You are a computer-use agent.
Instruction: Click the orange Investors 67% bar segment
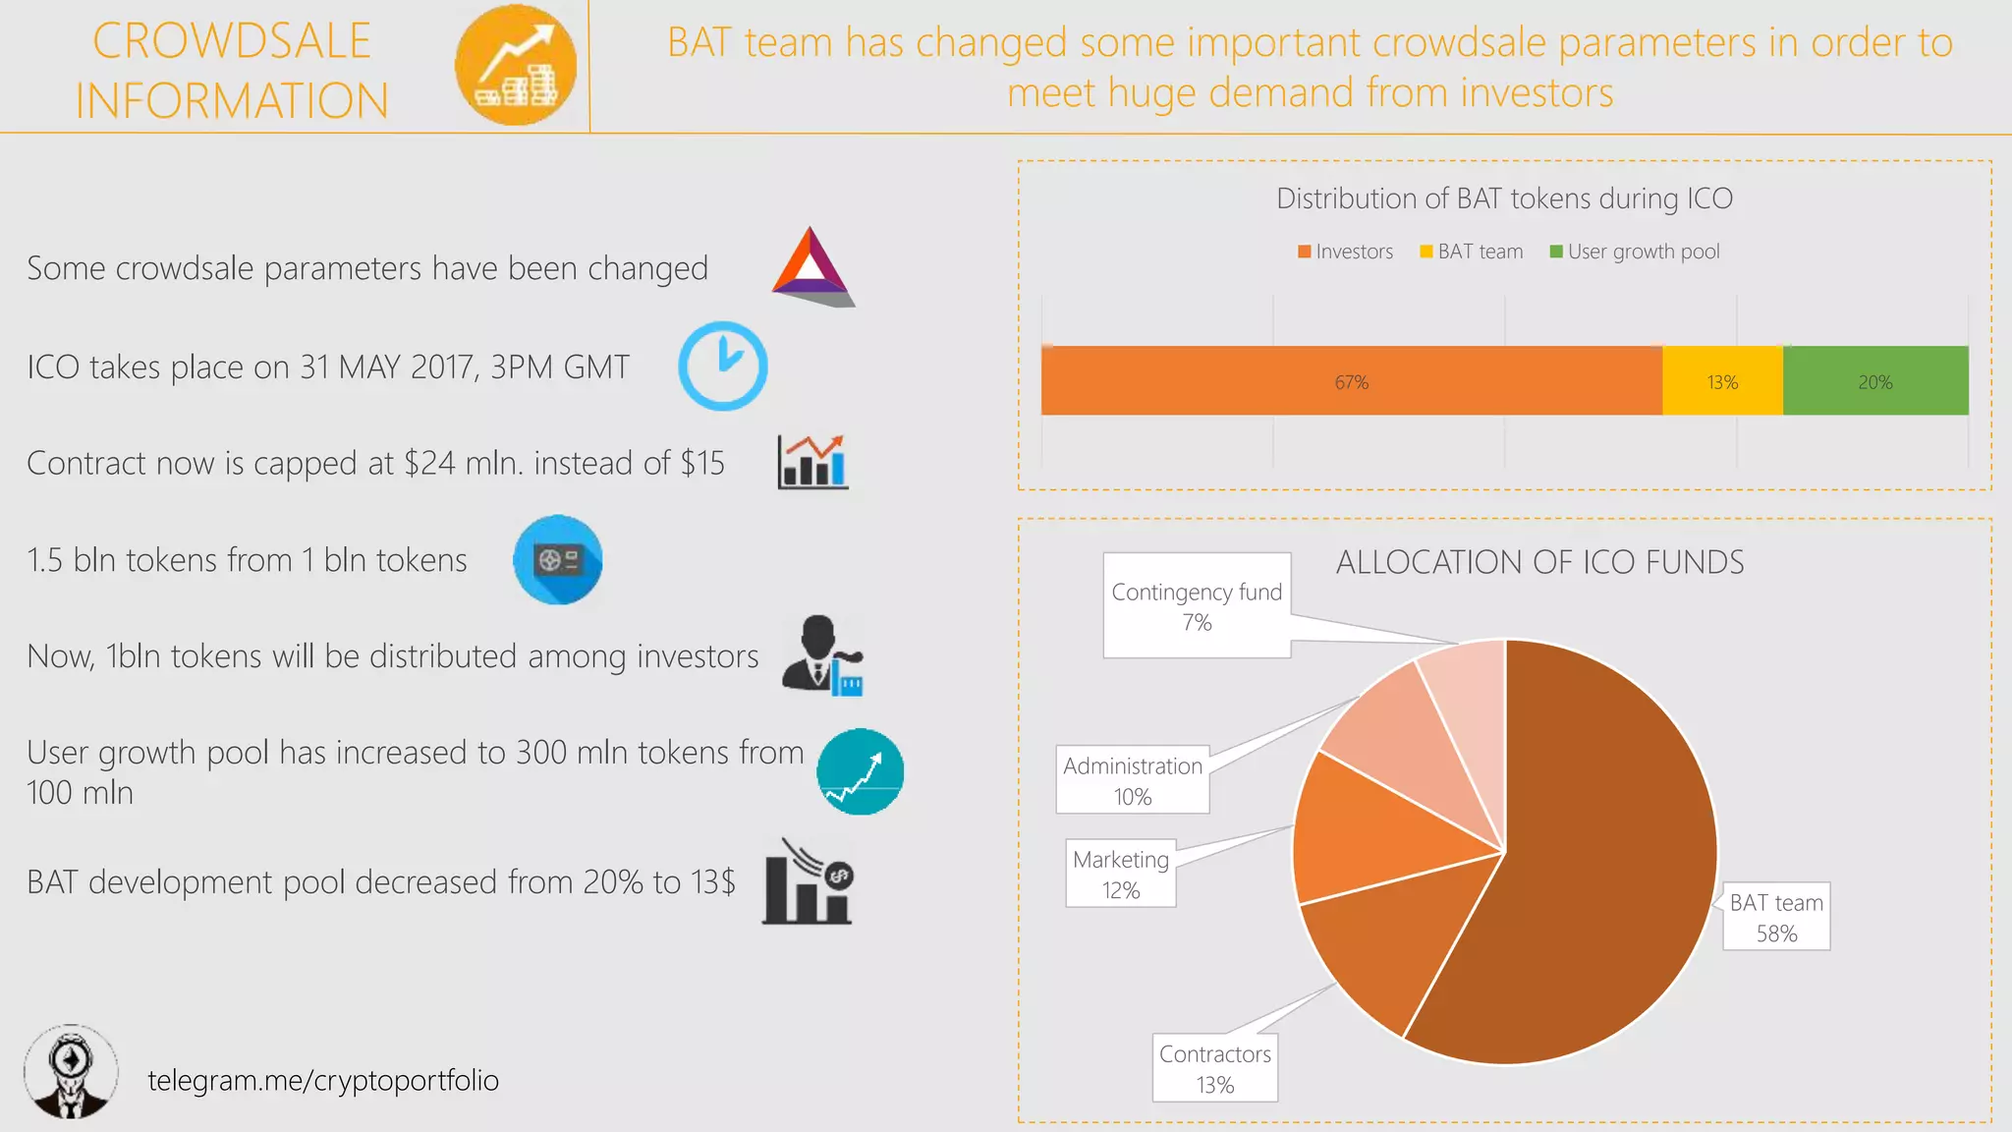pos(1351,381)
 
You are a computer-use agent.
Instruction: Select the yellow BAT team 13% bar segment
pos(1722,381)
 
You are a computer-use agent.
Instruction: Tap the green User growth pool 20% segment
pos(1874,381)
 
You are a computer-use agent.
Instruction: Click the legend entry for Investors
pos(1346,252)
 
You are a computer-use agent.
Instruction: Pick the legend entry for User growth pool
pos(1635,252)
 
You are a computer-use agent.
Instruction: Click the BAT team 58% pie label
pos(1776,917)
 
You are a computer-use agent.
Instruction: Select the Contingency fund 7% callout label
pos(1197,605)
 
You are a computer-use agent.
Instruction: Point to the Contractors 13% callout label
pos(1215,1068)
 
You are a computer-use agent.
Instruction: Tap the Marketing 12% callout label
pos(1121,874)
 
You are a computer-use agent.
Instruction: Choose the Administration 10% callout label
pos(1133,780)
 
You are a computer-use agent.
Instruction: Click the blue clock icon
pos(723,366)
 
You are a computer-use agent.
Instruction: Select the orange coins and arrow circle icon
pos(516,66)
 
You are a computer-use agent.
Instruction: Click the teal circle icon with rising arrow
pos(861,771)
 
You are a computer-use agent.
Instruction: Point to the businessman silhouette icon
pos(821,655)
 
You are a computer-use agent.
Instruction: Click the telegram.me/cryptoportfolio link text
pos(323,1080)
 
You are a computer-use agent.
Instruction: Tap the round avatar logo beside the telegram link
pos(71,1072)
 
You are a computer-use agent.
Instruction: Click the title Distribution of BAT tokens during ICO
pos(1504,198)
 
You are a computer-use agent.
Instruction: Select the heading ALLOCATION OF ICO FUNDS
pos(1539,562)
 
